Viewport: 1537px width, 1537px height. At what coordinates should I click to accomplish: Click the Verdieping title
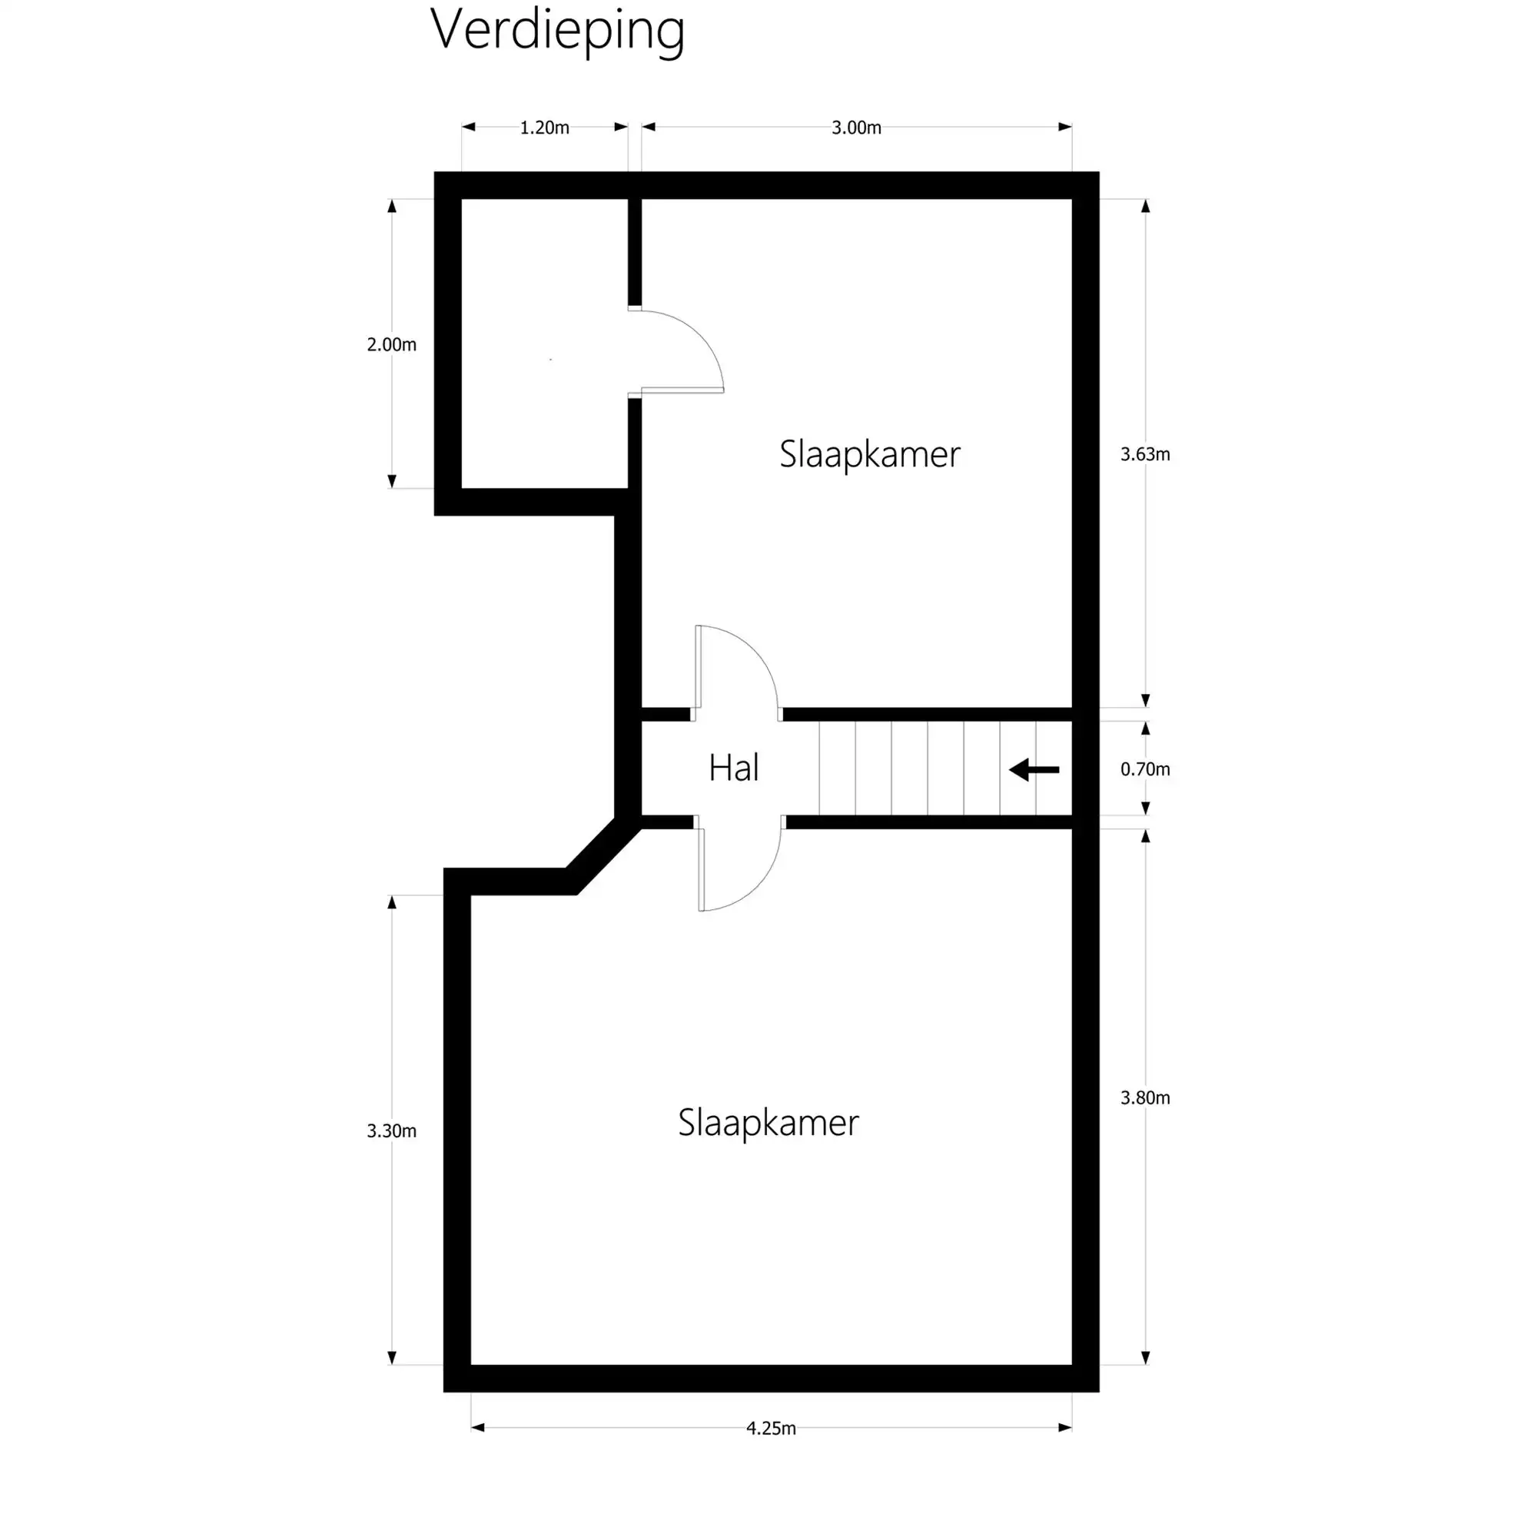[x=557, y=30]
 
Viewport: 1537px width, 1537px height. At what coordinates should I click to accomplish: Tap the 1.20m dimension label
[x=544, y=128]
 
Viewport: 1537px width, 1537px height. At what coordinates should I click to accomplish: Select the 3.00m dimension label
[x=856, y=128]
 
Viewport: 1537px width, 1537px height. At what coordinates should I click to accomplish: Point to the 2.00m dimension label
[x=390, y=344]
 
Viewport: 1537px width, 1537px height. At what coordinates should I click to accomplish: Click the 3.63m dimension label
[x=1145, y=454]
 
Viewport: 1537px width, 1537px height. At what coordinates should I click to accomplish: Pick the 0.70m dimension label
[x=1145, y=769]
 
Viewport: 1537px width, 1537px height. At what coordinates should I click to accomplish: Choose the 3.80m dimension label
[x=1145, y=1098]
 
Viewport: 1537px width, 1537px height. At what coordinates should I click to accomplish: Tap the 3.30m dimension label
[x=390, y=1130]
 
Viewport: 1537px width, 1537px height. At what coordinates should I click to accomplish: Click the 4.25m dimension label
[x=770, y=1428]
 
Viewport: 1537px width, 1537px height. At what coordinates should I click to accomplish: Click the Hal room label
[x=733, y=768]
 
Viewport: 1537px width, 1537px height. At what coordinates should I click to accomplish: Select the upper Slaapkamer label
[x=869, y=455]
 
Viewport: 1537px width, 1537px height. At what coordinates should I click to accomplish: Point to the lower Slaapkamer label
[x=768, y=1123]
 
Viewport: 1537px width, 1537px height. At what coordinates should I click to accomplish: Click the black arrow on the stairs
[x=1034, y=770]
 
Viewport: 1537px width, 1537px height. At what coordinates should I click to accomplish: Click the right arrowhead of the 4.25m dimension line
[x=1064, y=1427]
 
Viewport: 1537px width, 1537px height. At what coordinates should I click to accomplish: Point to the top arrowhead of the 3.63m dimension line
[x=1145, y=206]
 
